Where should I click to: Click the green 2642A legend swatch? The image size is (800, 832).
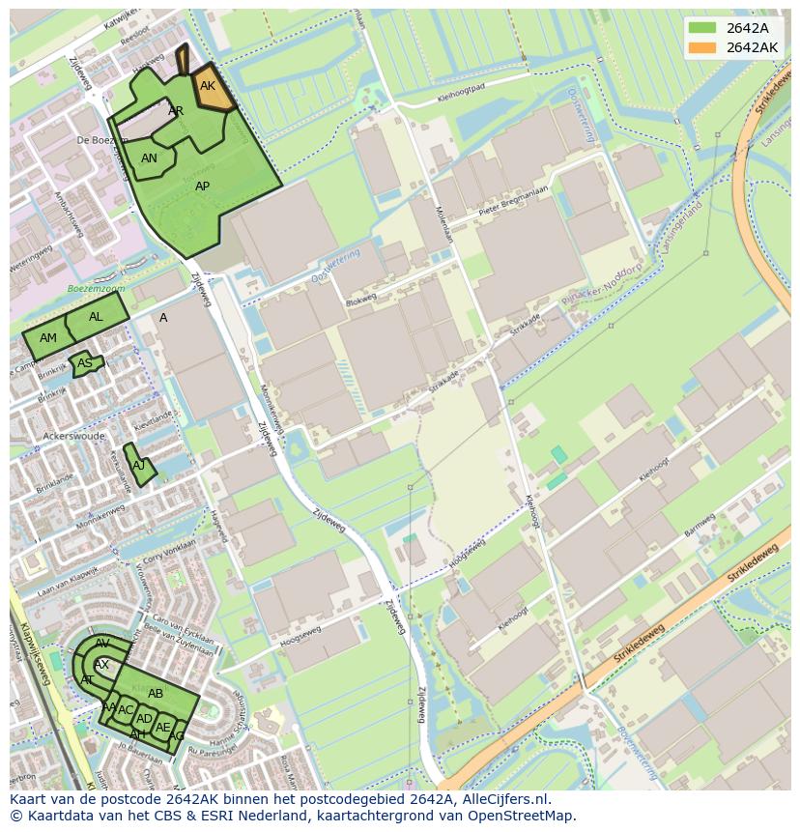pos(703,28)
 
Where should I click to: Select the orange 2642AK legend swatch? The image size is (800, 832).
pos(703,47)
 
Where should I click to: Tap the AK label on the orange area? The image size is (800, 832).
pos(208,86)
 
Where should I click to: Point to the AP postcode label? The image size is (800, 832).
pos(202,186)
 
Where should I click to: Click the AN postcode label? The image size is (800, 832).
pos(149,158)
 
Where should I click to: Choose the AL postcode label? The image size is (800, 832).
pos(96,317)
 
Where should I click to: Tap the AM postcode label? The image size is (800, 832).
pos(48,337)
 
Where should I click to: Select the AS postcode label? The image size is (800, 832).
pos(85,363)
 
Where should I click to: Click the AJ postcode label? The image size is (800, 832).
pos(138,465)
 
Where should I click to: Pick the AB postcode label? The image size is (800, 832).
pos(156,693)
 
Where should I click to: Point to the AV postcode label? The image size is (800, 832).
pos(102,644)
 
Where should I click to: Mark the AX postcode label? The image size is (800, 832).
pos(101,665)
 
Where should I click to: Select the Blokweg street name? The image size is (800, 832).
pos(359,300)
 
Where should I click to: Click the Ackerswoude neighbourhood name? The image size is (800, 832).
pos(74,436)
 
